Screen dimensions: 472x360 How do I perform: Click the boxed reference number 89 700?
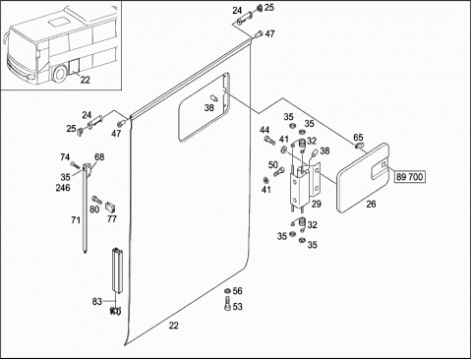click(x=409, y=177)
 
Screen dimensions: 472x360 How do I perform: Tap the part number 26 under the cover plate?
click(x=371, y=204)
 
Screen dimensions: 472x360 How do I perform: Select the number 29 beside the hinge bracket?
click(x=316, y=204)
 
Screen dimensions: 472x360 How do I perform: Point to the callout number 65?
click(x=358, y=137)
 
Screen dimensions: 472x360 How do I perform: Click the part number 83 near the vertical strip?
click(x=97, y=301)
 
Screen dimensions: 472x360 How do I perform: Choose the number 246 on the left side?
click(x=63, y=188)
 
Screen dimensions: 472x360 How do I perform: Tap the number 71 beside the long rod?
click(x=76, y=219)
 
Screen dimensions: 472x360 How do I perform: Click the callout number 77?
click(x=112, y=218)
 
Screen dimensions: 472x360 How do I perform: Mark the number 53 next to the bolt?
click(x=237, y=307)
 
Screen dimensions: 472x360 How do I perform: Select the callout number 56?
click(x=237, y=291)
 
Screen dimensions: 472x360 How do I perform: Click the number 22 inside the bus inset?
click(x=85, y=80)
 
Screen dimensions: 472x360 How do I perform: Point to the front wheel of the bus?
click(x=60, y=75)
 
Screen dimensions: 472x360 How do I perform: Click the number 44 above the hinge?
click(x=265, y=130)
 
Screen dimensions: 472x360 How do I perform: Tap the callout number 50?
click(x=273, y=165)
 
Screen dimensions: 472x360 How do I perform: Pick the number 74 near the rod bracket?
click(x=65, y=157)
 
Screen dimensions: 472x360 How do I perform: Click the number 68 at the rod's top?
click(x=99, y=157)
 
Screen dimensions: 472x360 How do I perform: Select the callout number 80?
click(x=94, y=209)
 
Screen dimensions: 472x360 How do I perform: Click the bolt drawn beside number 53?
click(x=227, y=303)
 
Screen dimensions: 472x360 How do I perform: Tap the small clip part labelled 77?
click(x=110, y=207)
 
